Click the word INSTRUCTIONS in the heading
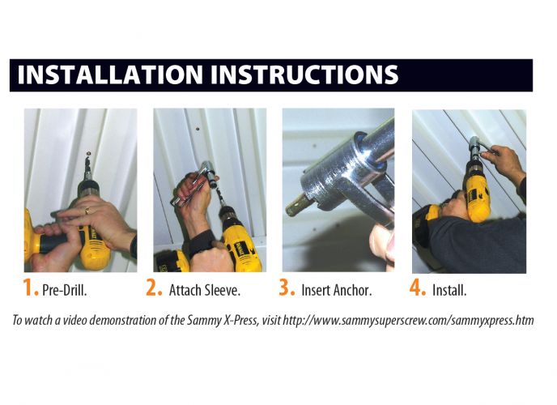(304, 75)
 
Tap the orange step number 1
(31, 288)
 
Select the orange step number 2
(155, 288)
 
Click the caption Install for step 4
(451, 290)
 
